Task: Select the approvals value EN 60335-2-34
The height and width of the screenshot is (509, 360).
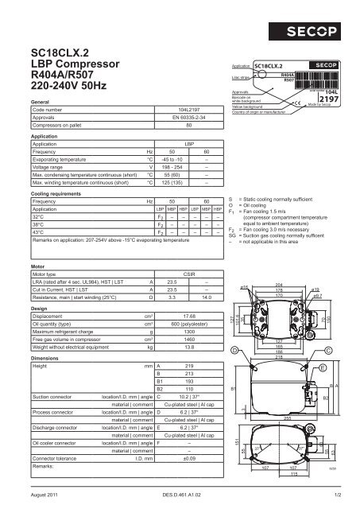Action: [x=188, y=118]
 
